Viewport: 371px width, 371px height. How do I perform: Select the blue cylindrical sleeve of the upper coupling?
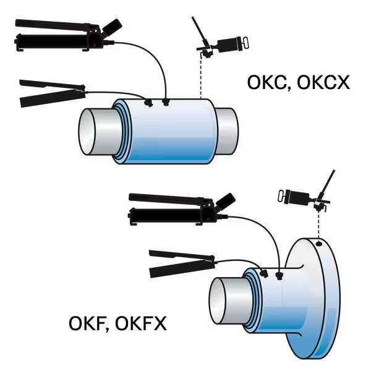tap(164, 133)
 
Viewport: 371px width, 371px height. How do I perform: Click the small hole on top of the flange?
tap(318, 244)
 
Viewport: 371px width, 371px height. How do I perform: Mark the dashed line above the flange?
tap(318, 226)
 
